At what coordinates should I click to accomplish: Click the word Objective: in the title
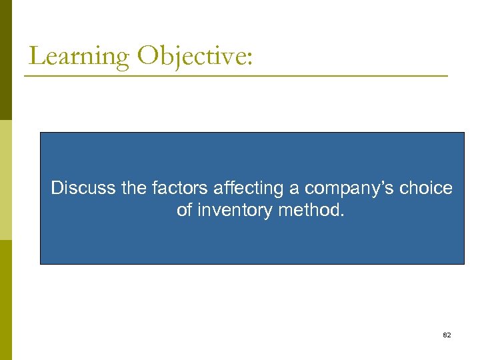195,56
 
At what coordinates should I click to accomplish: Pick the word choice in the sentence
427,189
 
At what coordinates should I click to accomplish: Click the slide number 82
447,335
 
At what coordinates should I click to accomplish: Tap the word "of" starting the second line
185,211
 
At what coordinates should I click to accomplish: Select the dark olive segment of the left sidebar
5,60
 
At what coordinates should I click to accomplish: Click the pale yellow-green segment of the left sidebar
5,180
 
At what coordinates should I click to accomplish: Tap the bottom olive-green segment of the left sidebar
5,300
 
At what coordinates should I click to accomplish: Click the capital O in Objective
147,56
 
